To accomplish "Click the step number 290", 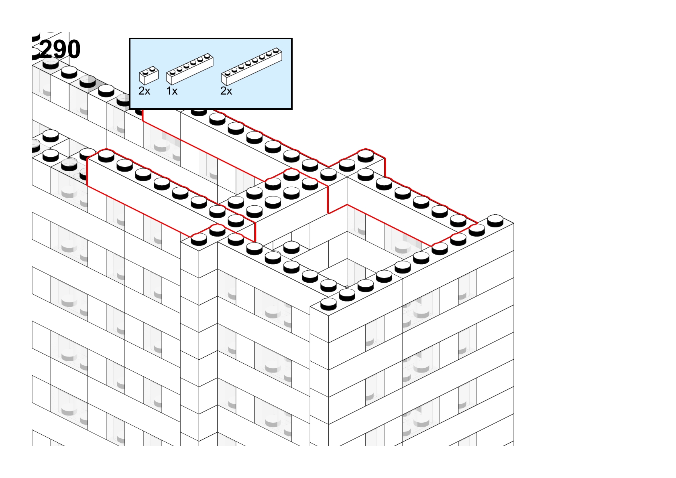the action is click(60, 49).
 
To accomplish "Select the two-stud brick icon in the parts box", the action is click(149, 75).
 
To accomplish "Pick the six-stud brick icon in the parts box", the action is click(190, 69).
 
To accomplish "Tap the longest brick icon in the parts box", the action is click(252, 67).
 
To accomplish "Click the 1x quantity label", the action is click(172, 91).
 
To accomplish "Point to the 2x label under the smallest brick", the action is click(144, 91).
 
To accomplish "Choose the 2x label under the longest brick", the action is click(226, 91).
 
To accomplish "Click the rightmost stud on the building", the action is click(495, 220).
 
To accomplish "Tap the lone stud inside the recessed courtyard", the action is click(291, 247).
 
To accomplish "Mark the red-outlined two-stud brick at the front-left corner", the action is click(209, 234).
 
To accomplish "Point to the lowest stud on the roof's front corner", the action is click(328, 304).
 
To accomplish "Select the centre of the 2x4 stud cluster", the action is click(273, 193).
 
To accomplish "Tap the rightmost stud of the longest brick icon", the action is click(276, 51).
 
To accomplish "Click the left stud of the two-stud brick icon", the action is click(145, 72).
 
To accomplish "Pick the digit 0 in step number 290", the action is click(73, 49).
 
